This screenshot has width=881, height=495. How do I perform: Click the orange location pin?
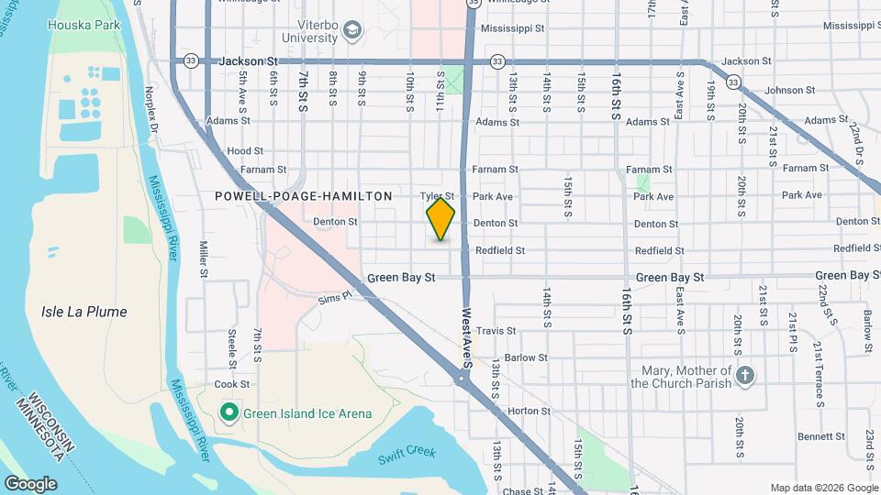(440, 220)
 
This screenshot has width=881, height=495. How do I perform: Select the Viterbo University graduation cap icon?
(351, 32)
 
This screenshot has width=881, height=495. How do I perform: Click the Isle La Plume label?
(84, 312)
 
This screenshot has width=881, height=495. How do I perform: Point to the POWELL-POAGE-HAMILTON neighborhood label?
(304, 196)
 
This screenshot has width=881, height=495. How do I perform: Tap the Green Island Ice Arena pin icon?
(229, 413)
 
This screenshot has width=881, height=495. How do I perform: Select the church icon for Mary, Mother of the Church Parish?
(745, 376)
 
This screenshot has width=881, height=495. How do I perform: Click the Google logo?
(30, 483)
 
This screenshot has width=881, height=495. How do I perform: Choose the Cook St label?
(231, 385)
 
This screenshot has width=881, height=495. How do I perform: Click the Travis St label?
(498, 331)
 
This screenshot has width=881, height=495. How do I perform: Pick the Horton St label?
(528, 412)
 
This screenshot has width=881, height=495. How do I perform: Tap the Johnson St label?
(789, 91)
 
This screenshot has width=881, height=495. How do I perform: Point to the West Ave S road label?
(467, 335)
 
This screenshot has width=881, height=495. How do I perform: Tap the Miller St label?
(204, 259)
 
